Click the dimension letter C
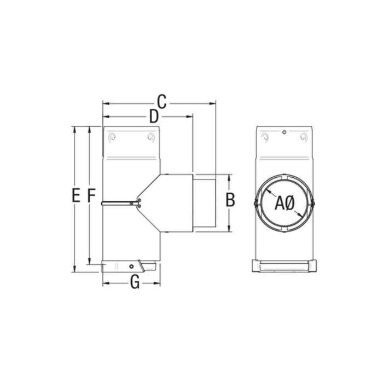[161, 101]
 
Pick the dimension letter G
[135, 282]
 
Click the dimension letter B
[230, 200]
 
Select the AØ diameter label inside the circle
[285, 204]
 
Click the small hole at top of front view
[285, 132]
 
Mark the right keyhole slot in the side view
[150, 138]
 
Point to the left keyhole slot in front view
[265, 137]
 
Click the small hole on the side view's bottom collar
[131, 266]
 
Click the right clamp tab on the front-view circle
[314, 204]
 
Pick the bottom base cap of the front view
[284, 266]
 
